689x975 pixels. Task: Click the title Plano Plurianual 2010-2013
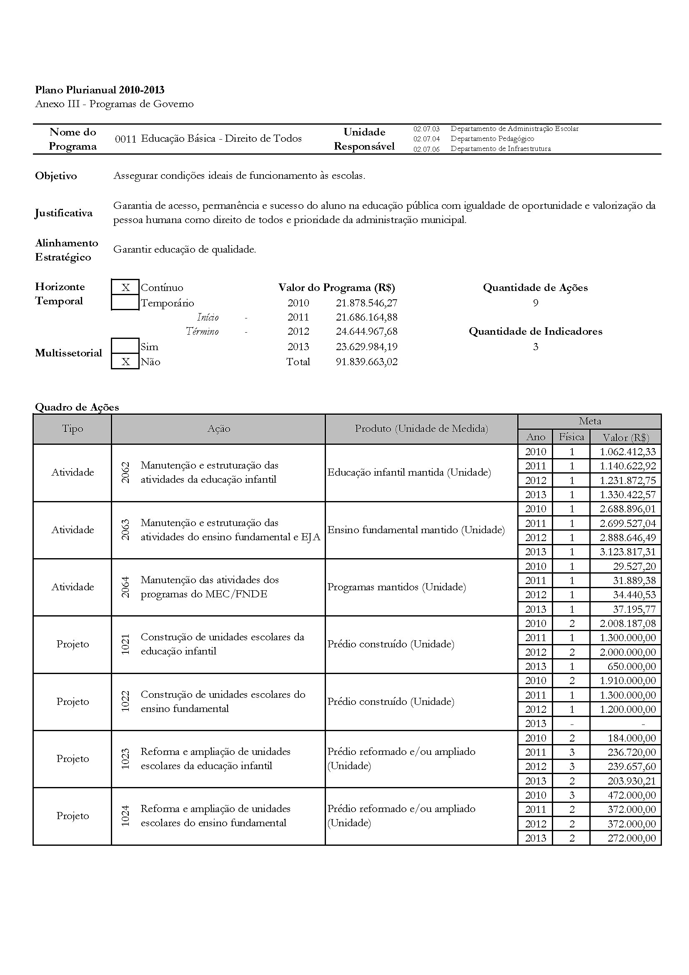[100, 90]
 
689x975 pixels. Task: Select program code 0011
[125, 139]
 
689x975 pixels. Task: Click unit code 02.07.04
[426, 139]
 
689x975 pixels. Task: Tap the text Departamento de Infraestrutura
[501, 149]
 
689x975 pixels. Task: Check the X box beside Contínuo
[125, 288]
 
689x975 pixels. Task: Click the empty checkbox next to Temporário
[125, 303]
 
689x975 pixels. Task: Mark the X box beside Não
[125, 362]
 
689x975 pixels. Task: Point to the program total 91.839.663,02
[366, 362]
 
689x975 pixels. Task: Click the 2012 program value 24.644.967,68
[366, 332]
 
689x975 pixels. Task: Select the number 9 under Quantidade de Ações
[535, 303]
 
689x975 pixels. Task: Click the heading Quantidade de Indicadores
[535, 332]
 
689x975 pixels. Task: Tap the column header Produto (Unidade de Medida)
[421, 429]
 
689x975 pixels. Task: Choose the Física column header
[571, 437]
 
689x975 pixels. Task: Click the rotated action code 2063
[125, 529]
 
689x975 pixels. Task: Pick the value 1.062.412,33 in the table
[627, 452]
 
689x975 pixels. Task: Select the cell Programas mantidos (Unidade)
[396, 587]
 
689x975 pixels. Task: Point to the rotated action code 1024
[125, 816]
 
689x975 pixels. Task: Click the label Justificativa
[64, 213]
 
